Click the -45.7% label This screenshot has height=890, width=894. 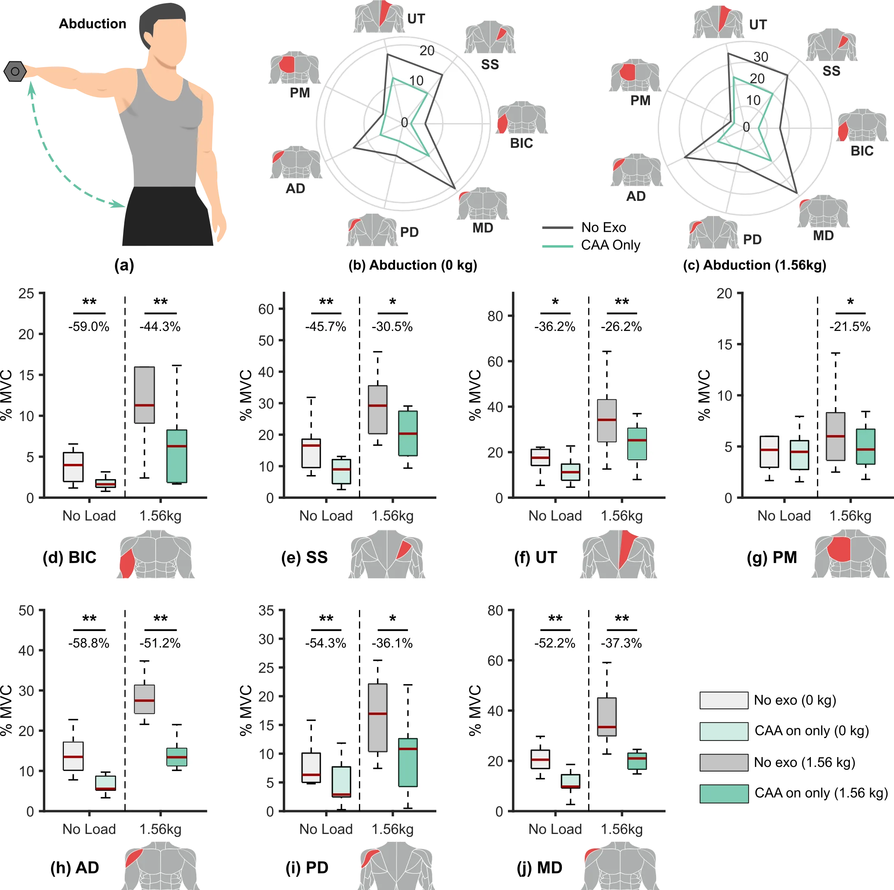tap(325, 327)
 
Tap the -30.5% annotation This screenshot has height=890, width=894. tap(392, 327)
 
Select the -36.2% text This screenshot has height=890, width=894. tap(554, 327)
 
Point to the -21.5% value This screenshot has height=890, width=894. tap(850, 327)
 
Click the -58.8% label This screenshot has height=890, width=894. tap(89, 643)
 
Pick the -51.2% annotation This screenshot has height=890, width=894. tap(160, 643)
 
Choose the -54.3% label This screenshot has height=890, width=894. tap(325, 643)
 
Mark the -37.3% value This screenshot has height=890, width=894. tap(621, 643)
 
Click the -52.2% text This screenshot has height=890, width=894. tap(554, 643)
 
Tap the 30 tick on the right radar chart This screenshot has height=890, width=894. tap(761, 57)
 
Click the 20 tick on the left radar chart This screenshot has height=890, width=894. tap(427, 51)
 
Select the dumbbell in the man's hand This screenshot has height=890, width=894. tap(14, 71)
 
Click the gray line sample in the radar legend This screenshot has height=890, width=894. tap(558, 227)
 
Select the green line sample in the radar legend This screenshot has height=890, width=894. tap(558, 246)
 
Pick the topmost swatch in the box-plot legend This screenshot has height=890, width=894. tap(724, 701)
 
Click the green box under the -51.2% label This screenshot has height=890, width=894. tap(177, 757)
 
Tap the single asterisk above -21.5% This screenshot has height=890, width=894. tap(850, 302)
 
